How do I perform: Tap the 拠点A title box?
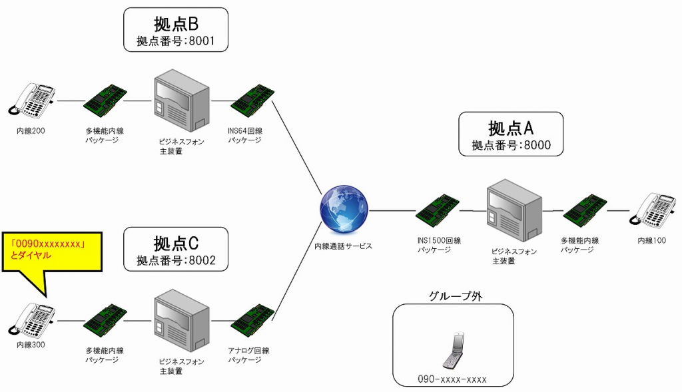click(511, 134)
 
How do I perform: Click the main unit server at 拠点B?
click(180, 101)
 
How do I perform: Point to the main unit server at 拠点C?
click(180, 321)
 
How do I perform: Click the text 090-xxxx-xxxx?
click(452, 379)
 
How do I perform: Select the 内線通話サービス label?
click(343, 246)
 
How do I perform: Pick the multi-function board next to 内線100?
click(585, 211)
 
